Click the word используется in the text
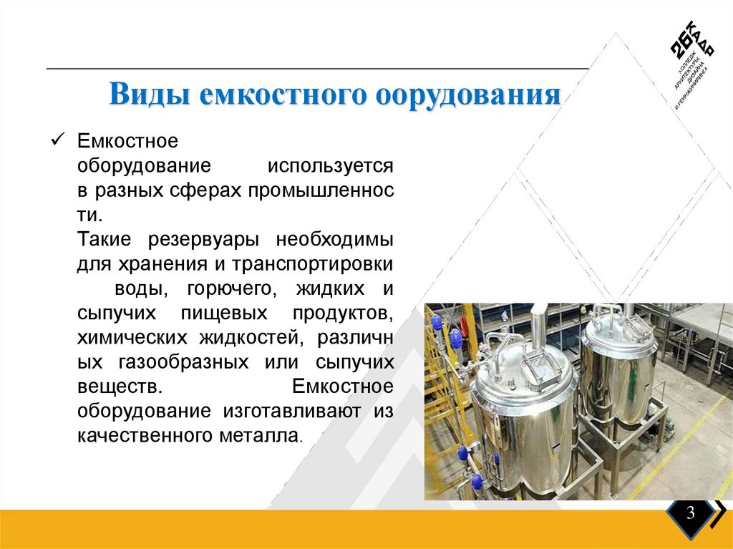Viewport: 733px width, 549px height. point(331,166)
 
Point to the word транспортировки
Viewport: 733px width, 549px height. point(312,263)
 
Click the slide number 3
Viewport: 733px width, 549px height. point(691,513)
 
